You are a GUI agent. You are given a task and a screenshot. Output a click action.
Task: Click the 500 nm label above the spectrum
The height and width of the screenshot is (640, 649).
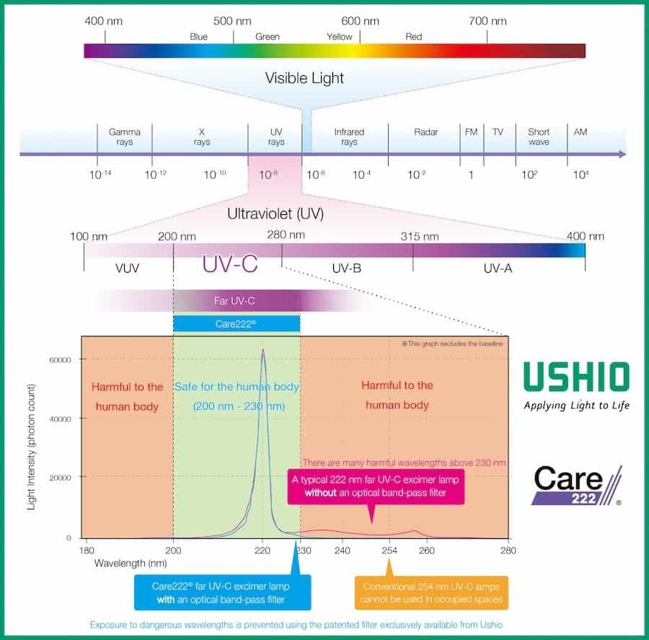232,21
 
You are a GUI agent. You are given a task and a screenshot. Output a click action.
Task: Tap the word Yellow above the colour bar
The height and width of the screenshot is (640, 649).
340,37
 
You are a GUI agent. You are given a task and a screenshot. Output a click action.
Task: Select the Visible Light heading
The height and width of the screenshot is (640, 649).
304,78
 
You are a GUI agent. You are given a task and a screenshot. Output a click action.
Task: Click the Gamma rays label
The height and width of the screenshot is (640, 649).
125,136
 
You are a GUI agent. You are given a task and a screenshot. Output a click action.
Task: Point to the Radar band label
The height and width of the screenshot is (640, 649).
426,132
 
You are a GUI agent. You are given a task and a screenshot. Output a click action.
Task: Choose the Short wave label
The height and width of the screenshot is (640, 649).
539,136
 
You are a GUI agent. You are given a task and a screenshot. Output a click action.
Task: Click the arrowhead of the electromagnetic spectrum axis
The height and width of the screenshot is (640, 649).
622,154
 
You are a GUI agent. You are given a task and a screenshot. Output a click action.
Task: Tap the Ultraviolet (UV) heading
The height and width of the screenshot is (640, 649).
275,214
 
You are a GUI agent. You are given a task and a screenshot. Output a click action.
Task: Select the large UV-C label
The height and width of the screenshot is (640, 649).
230,263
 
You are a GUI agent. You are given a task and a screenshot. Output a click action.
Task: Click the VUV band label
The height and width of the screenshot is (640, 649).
127,268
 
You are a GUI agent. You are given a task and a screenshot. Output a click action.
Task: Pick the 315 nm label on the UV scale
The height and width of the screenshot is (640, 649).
419,237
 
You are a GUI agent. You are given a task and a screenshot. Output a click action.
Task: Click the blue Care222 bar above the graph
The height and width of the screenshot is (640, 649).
237,324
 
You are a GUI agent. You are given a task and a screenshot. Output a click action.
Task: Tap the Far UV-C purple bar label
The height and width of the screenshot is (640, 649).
234,301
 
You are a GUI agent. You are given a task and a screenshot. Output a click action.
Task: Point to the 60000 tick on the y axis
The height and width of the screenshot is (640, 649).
60,360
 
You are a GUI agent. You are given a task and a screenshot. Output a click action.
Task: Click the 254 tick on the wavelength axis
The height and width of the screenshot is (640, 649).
389,551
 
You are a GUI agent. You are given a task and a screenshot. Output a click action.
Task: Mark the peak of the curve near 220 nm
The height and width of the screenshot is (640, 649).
262,351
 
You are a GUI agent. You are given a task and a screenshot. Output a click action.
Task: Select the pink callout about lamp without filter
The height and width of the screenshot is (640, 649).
376,487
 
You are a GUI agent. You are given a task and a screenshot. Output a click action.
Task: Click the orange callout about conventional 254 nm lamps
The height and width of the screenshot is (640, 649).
431,593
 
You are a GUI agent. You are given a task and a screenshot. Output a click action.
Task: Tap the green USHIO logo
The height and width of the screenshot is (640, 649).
577,377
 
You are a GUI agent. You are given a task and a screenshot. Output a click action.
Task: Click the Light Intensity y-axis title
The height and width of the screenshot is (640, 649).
32,447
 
